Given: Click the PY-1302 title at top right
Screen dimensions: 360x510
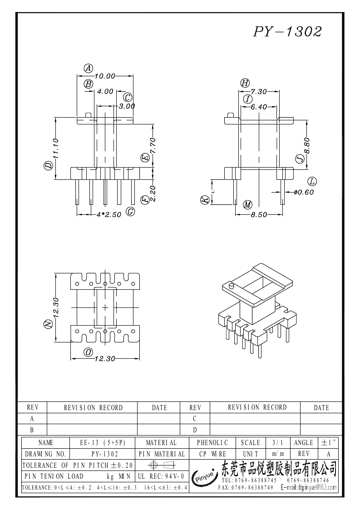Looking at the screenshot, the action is click(287, 31).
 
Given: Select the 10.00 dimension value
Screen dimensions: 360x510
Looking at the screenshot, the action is click(105, 76).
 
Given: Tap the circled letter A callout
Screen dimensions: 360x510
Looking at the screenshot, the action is click(89, 69).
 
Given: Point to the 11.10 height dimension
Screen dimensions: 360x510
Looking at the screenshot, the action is click(55, 149).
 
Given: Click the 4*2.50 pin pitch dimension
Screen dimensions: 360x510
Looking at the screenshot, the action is click(108, 215).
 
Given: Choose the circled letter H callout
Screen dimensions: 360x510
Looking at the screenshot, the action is click(245, 83).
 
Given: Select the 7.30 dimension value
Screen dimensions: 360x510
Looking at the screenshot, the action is click(258, 92).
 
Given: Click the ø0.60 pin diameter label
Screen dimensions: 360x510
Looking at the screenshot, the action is click(304, 192).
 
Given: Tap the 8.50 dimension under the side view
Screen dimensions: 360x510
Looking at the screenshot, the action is click(259, 215).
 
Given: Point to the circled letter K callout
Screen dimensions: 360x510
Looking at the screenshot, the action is click(205, 200).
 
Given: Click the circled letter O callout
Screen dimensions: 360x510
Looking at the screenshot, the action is click(88, 352).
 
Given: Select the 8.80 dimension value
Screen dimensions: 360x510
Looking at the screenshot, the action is click(307, 146).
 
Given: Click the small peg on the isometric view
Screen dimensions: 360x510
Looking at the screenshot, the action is click(232, 287).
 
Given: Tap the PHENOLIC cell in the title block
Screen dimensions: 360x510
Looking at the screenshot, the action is click(212, 443).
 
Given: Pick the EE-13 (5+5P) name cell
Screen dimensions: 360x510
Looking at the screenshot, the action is click(103, 443).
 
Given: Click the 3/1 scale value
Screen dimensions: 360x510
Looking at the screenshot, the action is click(278, 443).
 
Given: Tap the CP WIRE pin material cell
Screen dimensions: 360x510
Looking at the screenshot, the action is click(212, 454).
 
